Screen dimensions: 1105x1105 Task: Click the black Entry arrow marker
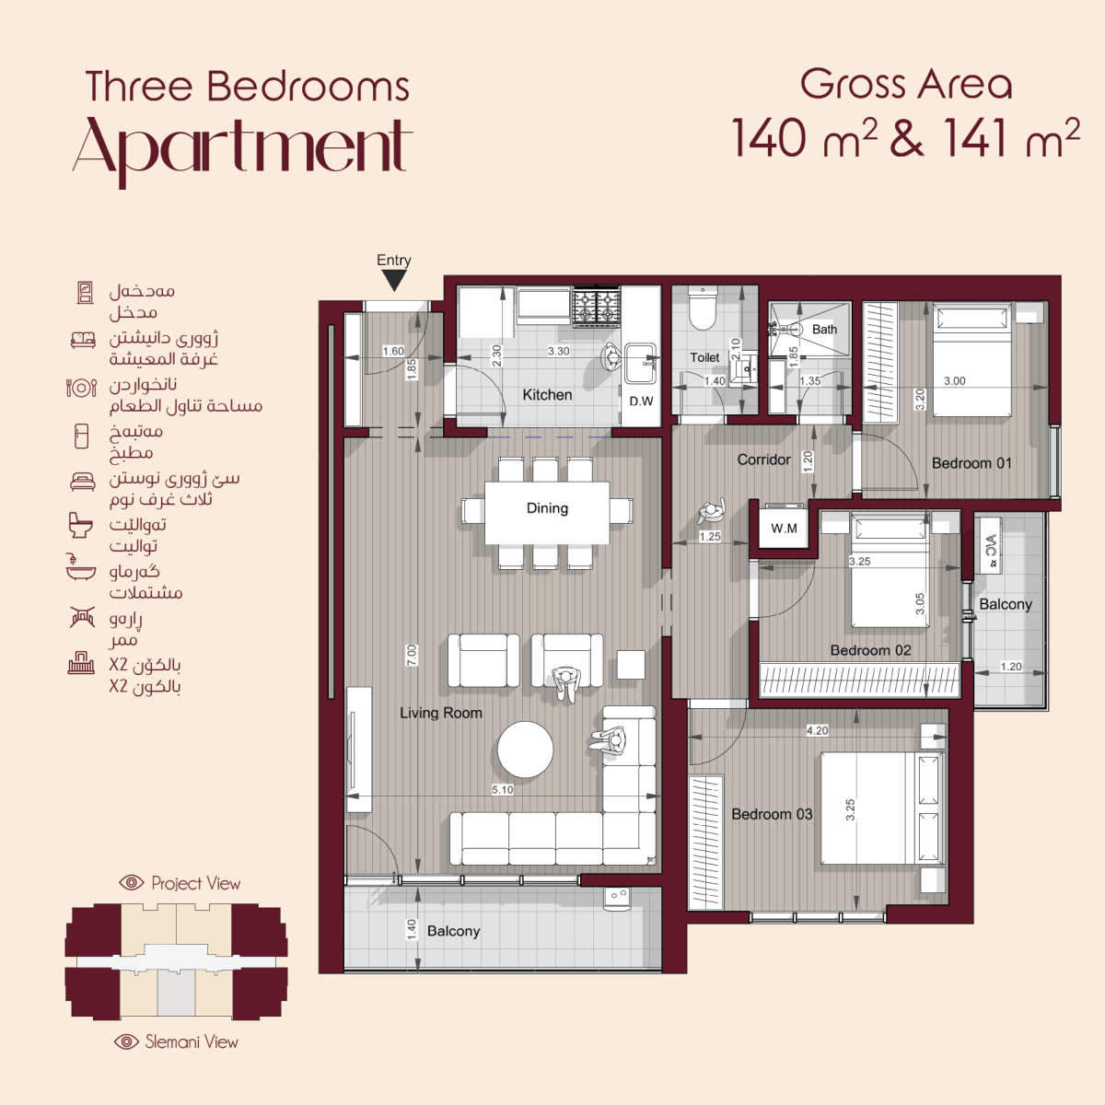pyautogui.click(x=394, y=280)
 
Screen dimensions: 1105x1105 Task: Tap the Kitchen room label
pyautogui.click(x=547, y=394)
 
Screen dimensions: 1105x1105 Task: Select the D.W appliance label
pyautogui.click(x=641, y=401)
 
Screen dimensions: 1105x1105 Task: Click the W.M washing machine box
pyautogui.click(x=784, y=529)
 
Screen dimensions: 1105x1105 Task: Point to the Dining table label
pyautogui.click(x=547, y=507)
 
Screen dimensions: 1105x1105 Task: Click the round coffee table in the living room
pyautogui.click(x=525, y=750)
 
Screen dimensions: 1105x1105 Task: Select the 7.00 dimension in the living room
pyautogui.click(x=412, y=655)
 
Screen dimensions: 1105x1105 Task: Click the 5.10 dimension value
pyautogui.click(x=503, y=789)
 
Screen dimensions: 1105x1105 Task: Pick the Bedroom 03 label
pyautogui.click(x=772, y=814)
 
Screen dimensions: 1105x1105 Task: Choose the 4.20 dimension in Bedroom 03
pyautogui.click(x=817, y=730)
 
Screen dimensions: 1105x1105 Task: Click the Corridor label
pyautogui.click(x=763, y=459)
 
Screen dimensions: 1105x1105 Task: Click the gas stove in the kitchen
pyautogui.click(x=597, y=308)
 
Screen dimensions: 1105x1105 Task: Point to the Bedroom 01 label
pyautogui.click(x=971, y=463)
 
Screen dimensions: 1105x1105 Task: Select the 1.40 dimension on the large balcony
pyautogui.click(x=411, y=929)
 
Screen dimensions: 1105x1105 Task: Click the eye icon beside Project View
pyautogui.click(x=132, y=882)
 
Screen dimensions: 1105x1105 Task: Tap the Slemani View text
pyautogui.click(x=192, y=1041)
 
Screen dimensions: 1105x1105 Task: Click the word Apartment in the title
pyautogui.click(x=242, y=147)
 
